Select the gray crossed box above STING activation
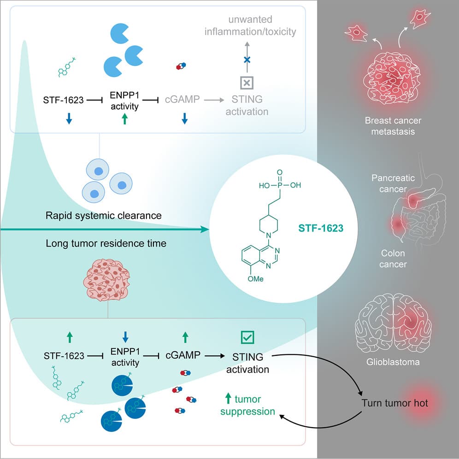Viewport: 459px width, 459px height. coord(247,82)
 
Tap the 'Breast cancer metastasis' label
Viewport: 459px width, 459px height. coord(393,126)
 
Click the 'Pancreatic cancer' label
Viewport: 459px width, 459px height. coord(393,183)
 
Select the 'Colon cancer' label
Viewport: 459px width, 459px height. coord(393,259)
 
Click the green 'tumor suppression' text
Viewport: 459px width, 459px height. coord(247,405)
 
